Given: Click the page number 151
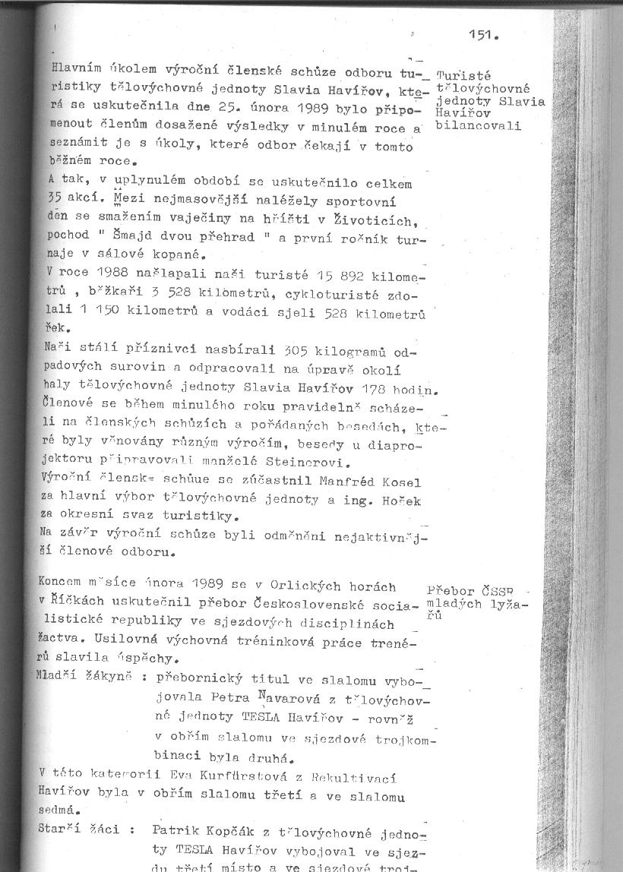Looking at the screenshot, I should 482,35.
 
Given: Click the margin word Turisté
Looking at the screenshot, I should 463,76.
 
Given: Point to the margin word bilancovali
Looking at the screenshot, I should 479,125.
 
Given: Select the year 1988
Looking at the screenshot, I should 112,272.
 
